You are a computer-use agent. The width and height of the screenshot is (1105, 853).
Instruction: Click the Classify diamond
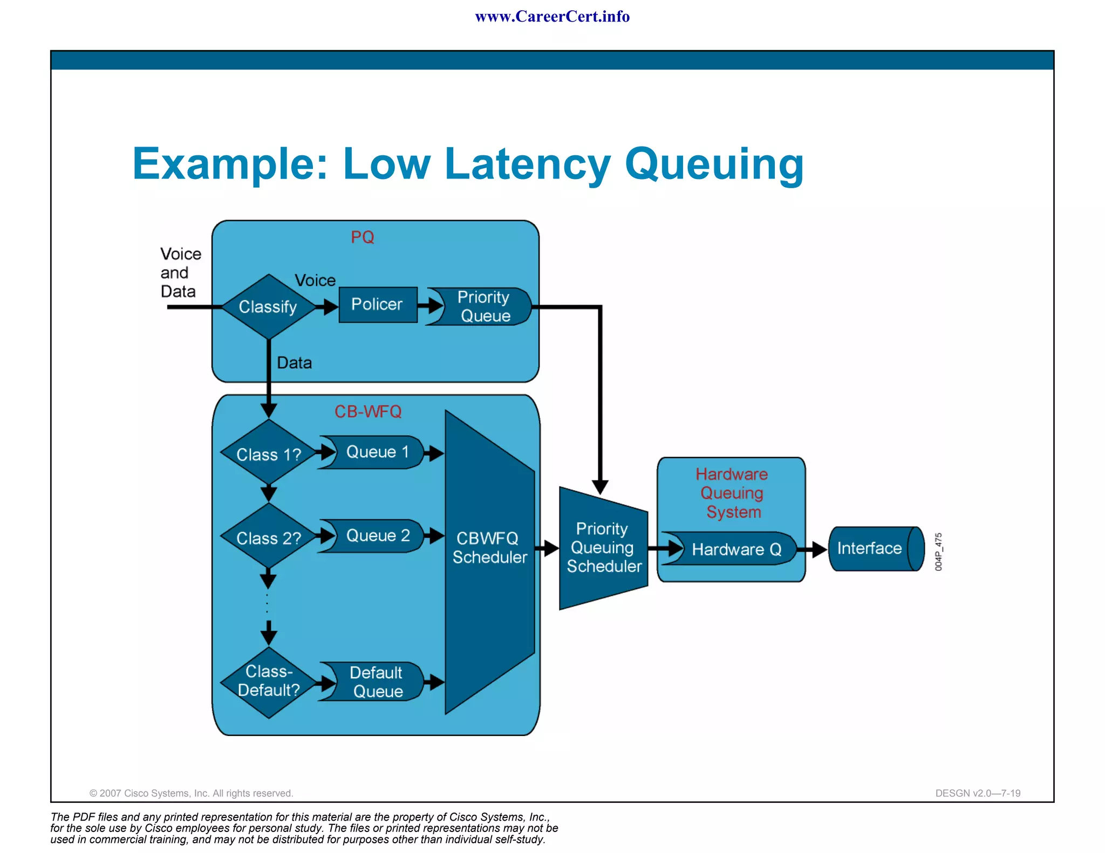coord(268,306)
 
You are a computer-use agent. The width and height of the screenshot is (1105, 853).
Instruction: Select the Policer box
coord(378,305)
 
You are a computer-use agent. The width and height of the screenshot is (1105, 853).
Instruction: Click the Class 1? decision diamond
coord(268,454)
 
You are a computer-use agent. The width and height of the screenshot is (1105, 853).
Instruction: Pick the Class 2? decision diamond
coord(268,538)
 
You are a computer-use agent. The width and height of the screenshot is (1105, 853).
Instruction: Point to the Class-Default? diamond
coord(268,682)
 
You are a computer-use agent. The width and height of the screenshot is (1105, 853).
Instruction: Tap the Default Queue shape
coord(376,682)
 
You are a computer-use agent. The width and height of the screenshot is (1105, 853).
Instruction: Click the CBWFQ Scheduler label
coord(489,547)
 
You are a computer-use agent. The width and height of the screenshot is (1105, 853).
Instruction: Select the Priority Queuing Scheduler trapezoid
coord(603,547)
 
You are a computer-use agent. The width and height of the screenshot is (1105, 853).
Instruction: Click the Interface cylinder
coord(874,548)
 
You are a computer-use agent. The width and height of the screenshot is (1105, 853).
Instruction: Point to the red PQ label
coord(362,237)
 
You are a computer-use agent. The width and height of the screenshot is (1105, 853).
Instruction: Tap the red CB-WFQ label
coord(368,411)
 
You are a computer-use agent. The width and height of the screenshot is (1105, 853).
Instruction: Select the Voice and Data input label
coord(180,272)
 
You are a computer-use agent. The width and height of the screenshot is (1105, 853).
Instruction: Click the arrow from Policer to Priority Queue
coord(429,306)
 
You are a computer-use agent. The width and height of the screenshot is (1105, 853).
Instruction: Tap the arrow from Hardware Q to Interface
coord(813,549)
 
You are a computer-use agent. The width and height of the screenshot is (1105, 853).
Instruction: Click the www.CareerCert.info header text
coord(552,17)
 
